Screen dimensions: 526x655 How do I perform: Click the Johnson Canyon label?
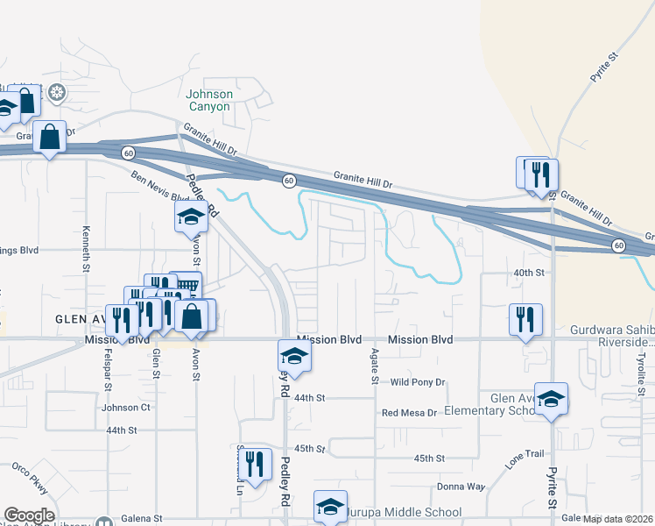click(x=208, y=100)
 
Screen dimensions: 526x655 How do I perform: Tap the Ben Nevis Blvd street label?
click(x=160, y=185)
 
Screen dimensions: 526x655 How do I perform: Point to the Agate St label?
click(x=374, y=366)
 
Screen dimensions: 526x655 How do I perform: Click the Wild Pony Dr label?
click(x=418, y=382)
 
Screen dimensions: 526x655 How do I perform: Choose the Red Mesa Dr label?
click(x=408, y=412)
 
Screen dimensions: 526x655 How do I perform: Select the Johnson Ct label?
click(x=126, y=408)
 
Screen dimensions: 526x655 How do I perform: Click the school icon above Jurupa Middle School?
click(x=330, y=505)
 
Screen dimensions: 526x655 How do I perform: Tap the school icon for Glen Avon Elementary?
click(x=551, y=398)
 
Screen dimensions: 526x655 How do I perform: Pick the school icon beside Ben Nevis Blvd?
click(x=190, y=217)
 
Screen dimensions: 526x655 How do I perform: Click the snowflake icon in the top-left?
click(x=57, y=91)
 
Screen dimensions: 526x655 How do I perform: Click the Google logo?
click(x=29, y=515)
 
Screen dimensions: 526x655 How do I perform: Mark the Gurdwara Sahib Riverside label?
click(x=612, y=336)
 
